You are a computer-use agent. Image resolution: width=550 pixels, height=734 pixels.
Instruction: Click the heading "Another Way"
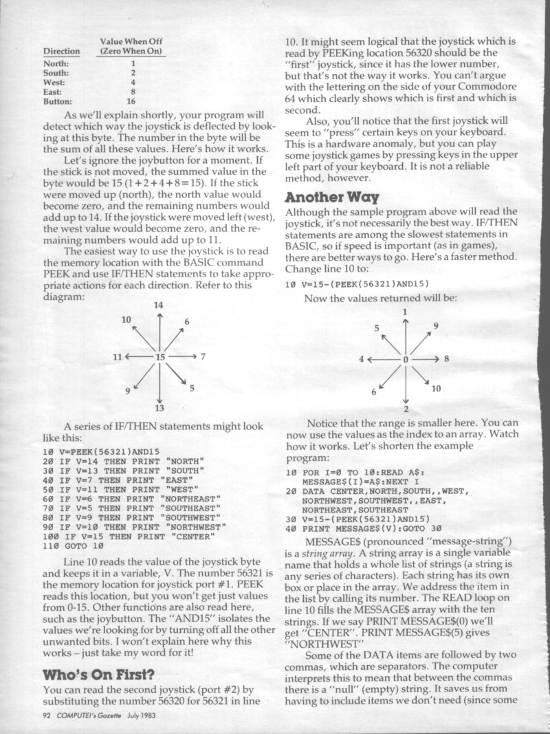coord(335,196)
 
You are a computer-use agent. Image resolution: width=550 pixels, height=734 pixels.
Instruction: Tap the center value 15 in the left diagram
coord(160,357)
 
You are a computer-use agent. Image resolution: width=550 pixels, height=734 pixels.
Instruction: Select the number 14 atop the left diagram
coord(159,304)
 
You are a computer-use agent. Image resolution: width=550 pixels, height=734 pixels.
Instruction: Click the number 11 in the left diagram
coord(119,357)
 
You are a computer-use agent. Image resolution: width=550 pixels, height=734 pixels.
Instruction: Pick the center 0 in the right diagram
coord(406,359)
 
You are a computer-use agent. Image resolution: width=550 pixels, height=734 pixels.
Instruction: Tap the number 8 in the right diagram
coord(446,358)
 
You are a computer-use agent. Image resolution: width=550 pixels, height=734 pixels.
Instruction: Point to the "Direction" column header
coord(62,52)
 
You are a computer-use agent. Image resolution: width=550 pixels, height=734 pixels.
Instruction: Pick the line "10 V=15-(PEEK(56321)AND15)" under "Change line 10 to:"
coord(357,284)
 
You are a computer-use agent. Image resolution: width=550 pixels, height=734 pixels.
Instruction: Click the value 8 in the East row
coord(133,91)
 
